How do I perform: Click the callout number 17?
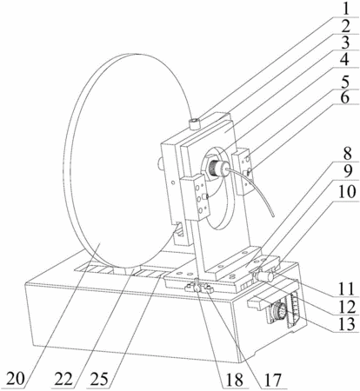pos(271,380)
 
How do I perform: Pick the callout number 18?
pos(233,380)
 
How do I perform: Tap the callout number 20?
pos(16,379)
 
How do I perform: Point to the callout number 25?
pos(98,379)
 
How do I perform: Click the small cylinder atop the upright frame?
pos(194,124)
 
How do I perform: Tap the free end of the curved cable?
pos(273,215)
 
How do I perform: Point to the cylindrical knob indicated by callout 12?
pos(264,276)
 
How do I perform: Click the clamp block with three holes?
pos(195,196)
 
